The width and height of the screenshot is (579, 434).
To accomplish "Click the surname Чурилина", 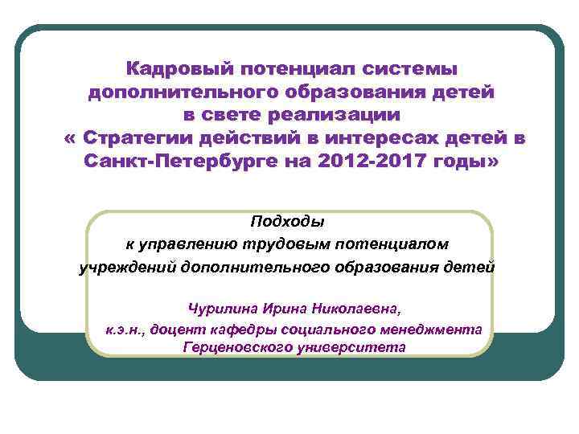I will point(220,308).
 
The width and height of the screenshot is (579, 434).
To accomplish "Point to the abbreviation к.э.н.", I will point(124,329).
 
